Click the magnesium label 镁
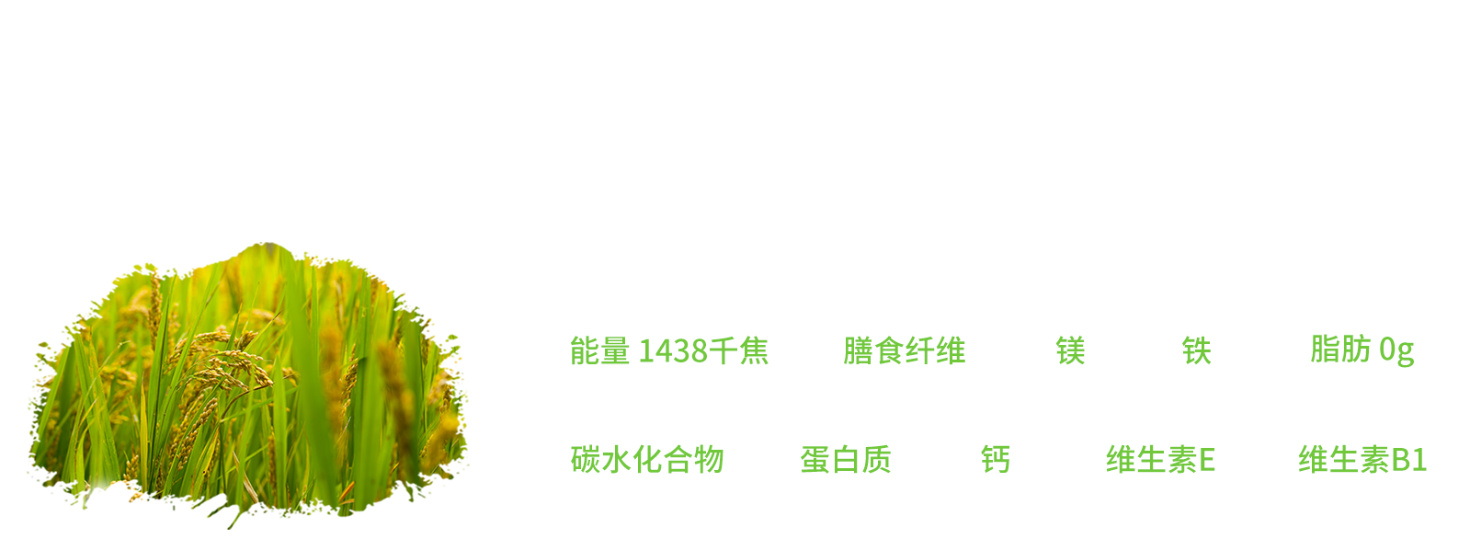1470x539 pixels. click(x=1070, y=350)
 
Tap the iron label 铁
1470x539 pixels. click(x=1196, y=350)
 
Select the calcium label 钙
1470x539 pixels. click(x=995, y=459)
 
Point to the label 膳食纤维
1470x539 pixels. click(x=904, y=350)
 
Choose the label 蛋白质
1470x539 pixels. click(x=846, y=459)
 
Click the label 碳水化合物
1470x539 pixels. click(x=647, y=459)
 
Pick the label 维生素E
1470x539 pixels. click(x=1160, y=459)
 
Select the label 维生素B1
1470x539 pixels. click(x=1362, y=459)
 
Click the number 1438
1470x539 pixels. click(x=673, y=350)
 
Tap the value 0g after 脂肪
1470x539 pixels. click(x=1396, y=350)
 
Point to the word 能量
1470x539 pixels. click(x=599, y=350)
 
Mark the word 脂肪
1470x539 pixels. click(x=1340, y=350)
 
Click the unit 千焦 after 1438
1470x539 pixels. click(x=738, y=350)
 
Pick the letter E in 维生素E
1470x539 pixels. click(x=1207, y=459)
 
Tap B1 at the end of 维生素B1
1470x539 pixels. click(x=1409, y=459)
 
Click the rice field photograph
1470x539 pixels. click(x=248, y=385)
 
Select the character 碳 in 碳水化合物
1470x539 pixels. click(x=586, y=459)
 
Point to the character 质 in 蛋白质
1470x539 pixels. click(x=877, y=459)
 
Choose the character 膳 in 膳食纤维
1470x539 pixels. click(x=858, y=350)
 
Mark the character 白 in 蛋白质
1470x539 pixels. click(x=846, y=459)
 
